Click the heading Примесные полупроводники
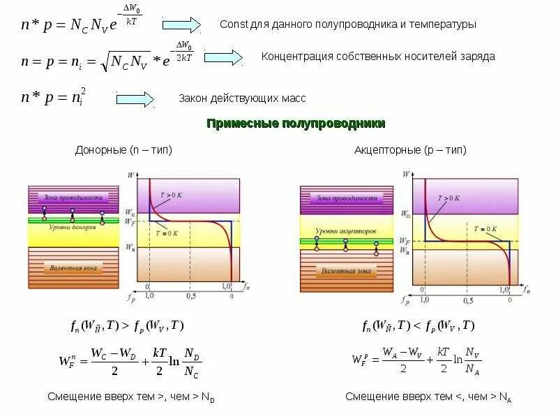(x=296, y=124)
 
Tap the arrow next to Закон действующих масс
(x=135, y=99)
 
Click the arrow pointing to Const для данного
(x=181, y=25)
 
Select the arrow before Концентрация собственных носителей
(x=223, y=57)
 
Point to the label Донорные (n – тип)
(x=123, y=150)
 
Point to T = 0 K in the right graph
(x=485, y=228)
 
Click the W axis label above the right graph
(x=406, y=172)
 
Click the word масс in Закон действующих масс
(x=294, y=98)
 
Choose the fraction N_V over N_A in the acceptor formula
(x=472, y=362)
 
